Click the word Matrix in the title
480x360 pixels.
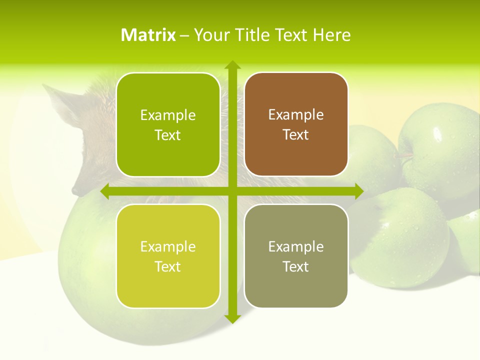coord(148,35)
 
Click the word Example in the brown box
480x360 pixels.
coord(296,115)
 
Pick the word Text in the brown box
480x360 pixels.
coord(296,135)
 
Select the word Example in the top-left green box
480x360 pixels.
coord(168,115)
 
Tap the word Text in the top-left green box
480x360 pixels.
coord(168,135)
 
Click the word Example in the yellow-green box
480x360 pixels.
coord(168,246)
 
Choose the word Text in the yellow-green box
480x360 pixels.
coord(168,266)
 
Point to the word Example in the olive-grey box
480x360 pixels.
coord(296,246)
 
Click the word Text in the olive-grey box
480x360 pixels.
coord(296,266)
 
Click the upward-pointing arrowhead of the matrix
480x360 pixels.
coord(232,65)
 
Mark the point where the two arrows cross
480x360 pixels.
coord(232,191)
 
